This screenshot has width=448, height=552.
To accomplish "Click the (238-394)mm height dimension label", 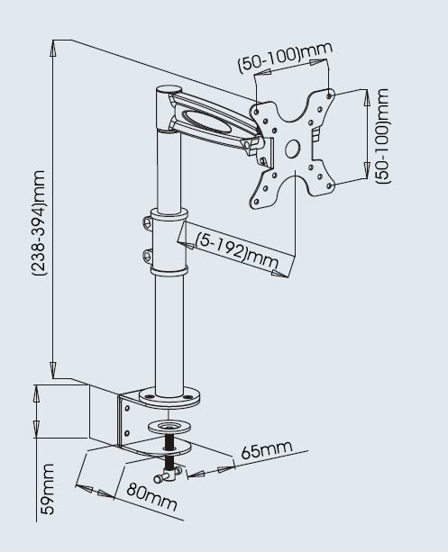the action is tap(39, 222).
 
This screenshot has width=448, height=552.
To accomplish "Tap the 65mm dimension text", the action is tap(267, 449).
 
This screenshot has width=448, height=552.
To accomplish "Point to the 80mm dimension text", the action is tap(151, 496).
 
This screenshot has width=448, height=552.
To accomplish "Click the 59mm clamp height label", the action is tap(47, 489).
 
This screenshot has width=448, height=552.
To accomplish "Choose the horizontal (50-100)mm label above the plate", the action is tap(285, 57).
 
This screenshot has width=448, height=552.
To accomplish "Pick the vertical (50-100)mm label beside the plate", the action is tap(382, 136).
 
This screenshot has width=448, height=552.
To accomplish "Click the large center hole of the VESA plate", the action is tap(292, 149).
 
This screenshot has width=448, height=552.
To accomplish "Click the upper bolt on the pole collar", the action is tap(148, 222).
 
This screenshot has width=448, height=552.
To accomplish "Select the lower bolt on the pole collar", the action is tap(147, 256).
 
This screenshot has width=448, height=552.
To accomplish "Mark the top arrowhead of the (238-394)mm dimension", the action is tap(53, 49).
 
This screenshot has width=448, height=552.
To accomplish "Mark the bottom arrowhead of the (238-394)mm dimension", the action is tap(53, 369).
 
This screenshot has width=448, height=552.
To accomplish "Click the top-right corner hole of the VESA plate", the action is tap(329, 95).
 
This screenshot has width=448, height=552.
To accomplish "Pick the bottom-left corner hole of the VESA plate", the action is tap(256, 202).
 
